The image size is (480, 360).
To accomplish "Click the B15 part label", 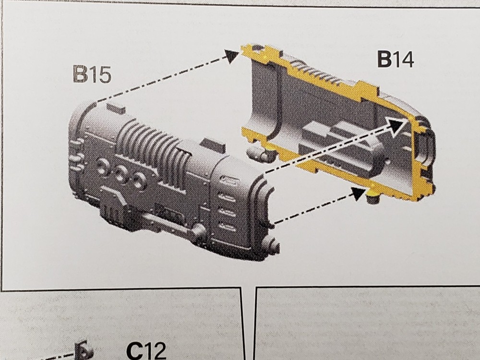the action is [x=92, y=74].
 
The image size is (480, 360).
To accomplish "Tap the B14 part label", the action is [x=396, y=60].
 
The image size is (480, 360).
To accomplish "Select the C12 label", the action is [x=146, y=351].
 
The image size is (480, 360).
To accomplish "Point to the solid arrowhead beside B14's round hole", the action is [x=231, y=56].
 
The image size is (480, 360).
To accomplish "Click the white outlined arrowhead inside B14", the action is [x=398, y=125].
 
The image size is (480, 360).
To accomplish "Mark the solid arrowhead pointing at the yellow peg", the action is [x=359, y=193].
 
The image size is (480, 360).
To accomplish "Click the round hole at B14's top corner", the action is [x=256, y=48].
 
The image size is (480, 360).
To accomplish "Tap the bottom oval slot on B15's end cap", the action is [x=227, y=228].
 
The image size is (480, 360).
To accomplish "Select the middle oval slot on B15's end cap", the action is [x=227, y=212].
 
